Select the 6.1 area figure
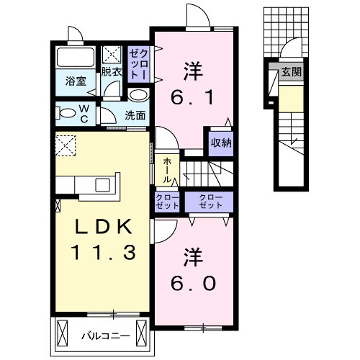click(x=192, y=97)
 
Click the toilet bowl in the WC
click(x=67, y=112)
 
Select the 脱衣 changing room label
click(x=112, y=72)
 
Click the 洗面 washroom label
click(x=135, y=114)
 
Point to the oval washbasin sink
click(x=139, y=94)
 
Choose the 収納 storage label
click(x=221, y=142)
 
